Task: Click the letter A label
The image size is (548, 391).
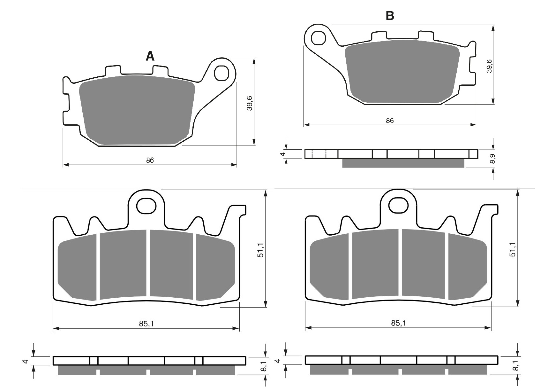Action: coord(150,56)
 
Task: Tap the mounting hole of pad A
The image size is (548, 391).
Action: coord(221,73)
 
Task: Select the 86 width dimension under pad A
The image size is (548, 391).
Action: coord(150,160)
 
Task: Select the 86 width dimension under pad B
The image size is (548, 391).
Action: coord(390,121)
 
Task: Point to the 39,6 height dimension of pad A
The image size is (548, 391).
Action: coord(250,103)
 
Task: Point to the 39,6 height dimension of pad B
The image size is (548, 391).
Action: coord(489,66)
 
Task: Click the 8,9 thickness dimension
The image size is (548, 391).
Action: coord(493,159)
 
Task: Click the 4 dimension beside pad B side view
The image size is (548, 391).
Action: coord(282,154)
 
